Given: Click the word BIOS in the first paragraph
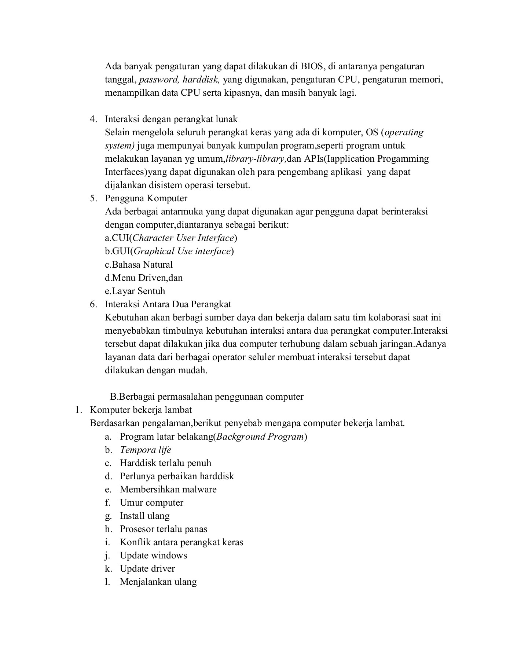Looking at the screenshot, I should point(312,66).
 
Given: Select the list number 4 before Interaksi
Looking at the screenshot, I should point(93,119).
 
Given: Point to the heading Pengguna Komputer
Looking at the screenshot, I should point(146,198).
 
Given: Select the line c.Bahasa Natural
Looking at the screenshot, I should point(139,264).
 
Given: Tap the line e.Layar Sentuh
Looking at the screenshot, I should point(135,291).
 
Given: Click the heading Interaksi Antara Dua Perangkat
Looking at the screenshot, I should point(168,304).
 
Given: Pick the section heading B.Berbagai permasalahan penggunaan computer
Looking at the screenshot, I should point(207,396).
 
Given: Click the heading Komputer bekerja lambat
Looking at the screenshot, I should point(141,410).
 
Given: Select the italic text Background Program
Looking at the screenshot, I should point(260,436).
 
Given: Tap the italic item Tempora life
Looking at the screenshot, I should point(145,450).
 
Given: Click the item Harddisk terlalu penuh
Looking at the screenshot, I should point(165,463).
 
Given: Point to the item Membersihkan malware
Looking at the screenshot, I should point(168,489).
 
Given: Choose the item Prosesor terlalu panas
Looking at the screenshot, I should point(163,529).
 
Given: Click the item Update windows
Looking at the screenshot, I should point(153,555).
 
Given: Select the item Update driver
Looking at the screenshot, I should point(147,568).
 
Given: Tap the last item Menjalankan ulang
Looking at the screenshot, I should point(158,582).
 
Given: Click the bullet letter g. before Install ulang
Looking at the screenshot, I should point(108,516).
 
